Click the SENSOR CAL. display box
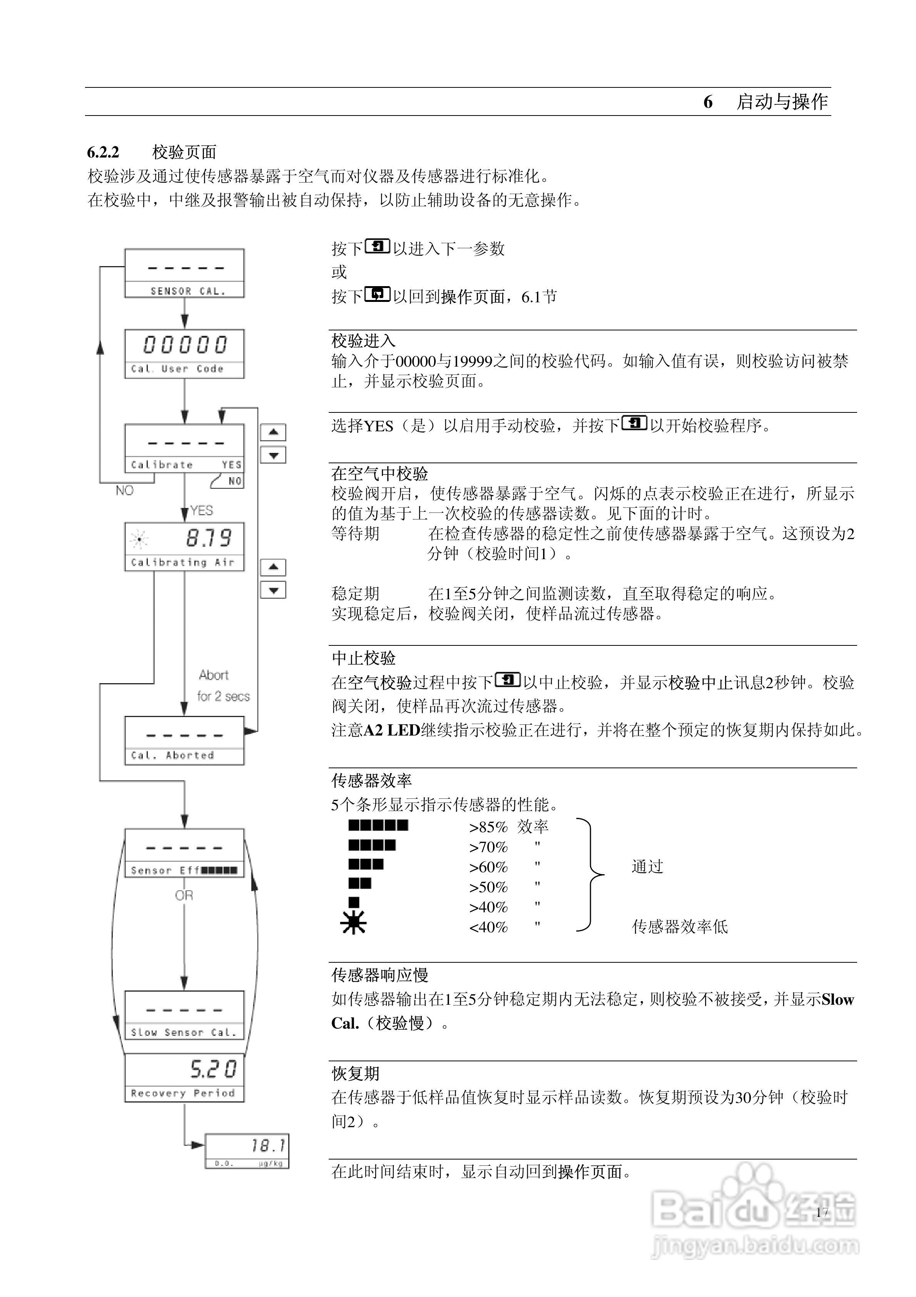(x=184, y=273)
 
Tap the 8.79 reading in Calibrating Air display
(x=209, y=538)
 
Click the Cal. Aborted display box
(x=184, y=741)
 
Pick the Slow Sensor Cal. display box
(x=184, y=1015)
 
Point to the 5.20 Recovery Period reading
(x=214, y=1069)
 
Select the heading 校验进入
(x=363, y=341)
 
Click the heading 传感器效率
(x=371, y=781)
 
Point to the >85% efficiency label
(x=488, y=828)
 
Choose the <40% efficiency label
(x=488, y=928)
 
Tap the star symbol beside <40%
(x=354, y=923)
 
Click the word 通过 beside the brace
(x=647, y=866)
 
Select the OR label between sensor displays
(x=184, y=895)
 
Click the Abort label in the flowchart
(x=214, y=675)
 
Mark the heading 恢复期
(x=355, y=1073)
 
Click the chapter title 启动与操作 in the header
(x=782, y=102)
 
